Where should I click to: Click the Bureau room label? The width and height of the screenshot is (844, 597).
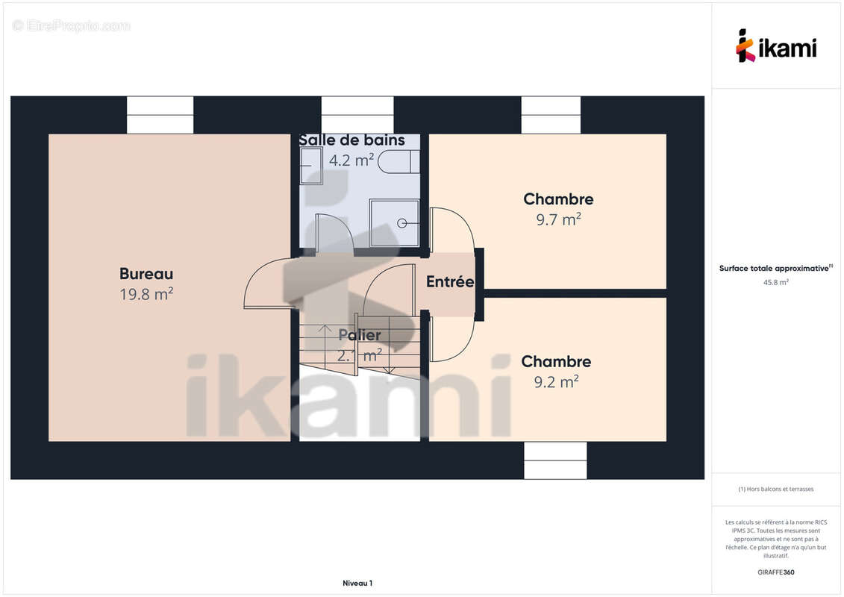coord(146,273)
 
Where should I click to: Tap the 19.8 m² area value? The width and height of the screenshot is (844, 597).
coord(146,294)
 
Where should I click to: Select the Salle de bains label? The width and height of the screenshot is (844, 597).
coord(352,140)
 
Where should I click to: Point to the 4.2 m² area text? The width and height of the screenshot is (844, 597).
coord(351,160)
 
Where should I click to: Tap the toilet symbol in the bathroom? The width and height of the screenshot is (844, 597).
coord(398,161)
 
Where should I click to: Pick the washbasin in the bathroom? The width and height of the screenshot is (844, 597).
coord(311,166)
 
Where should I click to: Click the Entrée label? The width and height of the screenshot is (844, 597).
coord(450,281)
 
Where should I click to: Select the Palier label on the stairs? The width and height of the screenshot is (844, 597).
coord(360,335)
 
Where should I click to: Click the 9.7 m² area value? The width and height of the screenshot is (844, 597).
coord(559,219)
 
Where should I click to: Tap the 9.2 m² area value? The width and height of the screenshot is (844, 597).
coord(557,381)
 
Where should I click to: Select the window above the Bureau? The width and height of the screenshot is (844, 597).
coord(160,115)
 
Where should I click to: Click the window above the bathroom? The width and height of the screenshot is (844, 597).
coord(357,115)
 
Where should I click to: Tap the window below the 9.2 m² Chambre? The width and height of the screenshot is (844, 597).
coord(555,460)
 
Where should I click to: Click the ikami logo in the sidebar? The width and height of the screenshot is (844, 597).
coord(776,46)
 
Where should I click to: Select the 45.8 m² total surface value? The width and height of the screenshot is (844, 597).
coord(776,282)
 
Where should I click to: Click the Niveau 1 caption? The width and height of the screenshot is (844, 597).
coord(357,583)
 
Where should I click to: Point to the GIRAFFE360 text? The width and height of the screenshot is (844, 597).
coord(776,572)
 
